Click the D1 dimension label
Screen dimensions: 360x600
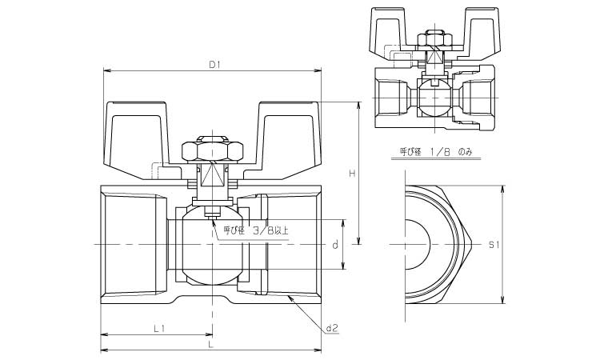click(x=214, y=65)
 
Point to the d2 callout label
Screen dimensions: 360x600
click(x=334, y=326)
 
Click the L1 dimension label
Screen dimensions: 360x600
click(x=158, y=328)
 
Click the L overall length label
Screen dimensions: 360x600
click(x=210, y=344)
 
